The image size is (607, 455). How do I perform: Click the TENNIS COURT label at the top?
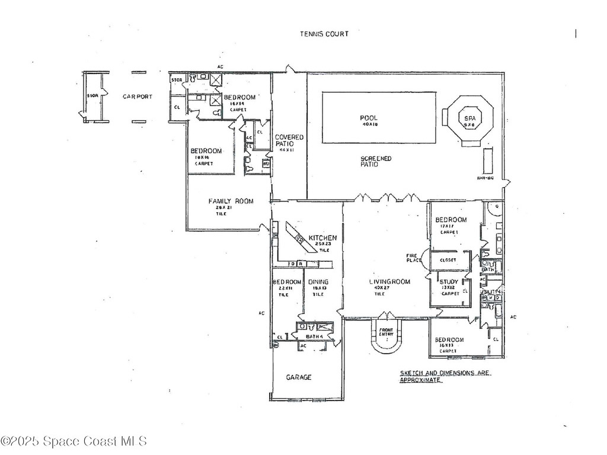point(324,34)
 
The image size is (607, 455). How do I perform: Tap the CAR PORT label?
point(138,97)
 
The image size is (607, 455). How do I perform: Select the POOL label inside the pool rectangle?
point(369,117)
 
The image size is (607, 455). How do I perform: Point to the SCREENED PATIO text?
point(376,161)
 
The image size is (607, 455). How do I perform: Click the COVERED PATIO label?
point(289,140)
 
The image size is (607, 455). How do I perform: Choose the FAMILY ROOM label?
point(231,201)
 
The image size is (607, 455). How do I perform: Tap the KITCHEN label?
point(322,238)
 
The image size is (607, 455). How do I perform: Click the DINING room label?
point(318,282)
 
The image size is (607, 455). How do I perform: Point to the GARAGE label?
point(299,377)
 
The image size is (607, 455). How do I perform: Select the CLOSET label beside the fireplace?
point(448,259)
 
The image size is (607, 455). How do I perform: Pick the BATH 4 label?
point(315,337)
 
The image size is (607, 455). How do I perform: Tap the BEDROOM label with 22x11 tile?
point(287,282)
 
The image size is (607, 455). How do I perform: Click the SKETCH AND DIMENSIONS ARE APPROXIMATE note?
point(445,376)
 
